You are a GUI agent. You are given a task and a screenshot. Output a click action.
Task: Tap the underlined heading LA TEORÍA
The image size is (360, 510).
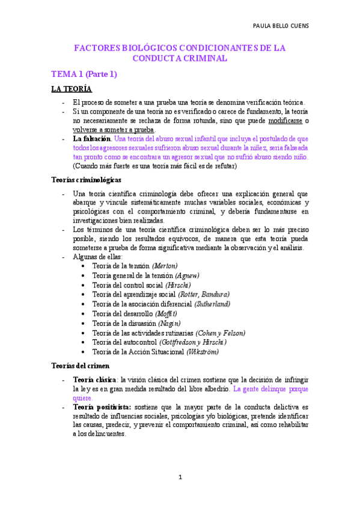point(72,90)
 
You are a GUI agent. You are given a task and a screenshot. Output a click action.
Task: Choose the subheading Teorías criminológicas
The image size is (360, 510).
point(87,179)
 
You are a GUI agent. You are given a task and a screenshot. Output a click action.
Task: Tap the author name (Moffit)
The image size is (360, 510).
point(166,314)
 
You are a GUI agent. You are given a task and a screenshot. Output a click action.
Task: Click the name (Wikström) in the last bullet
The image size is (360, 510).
point(203,352)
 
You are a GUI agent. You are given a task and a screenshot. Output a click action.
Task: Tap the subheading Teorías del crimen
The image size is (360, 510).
point(79,366)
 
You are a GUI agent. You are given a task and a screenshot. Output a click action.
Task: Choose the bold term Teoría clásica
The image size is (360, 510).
point(94,380)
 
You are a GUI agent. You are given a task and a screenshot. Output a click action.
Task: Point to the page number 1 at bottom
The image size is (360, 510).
point(180,477)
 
